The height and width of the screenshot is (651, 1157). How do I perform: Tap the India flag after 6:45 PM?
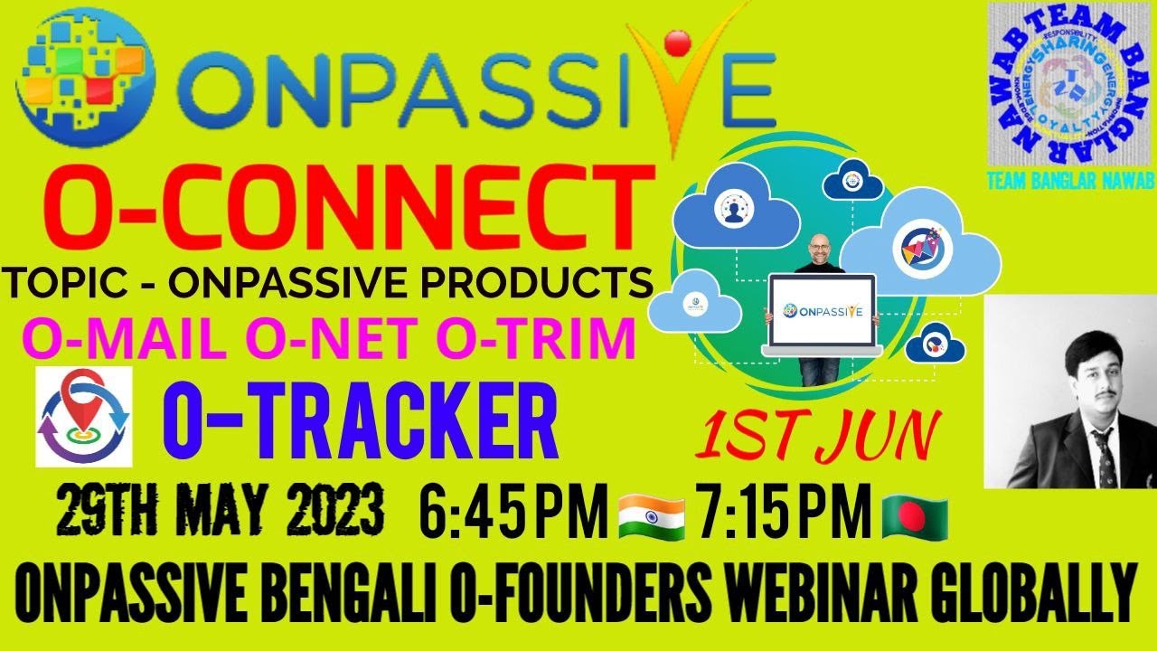tap(651, 514)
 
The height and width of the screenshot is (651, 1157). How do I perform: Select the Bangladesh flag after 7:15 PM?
tap(915, 514)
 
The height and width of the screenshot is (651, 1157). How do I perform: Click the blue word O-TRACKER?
tap(360, 423)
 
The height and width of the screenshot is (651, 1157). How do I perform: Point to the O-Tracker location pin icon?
tap(84, 417)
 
